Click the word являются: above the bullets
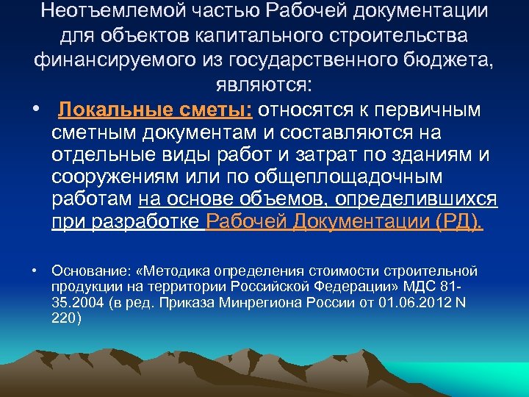[264, 86]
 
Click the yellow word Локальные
[111, 110]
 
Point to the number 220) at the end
[67, 318]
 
